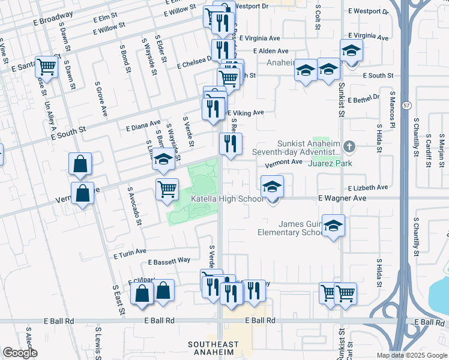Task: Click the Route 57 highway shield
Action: click(x=408, y=106)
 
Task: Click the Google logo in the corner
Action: click(x=20, y=353)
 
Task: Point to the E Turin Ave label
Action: click(x=130, y=253)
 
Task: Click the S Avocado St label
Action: click(x=134, y=206)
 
